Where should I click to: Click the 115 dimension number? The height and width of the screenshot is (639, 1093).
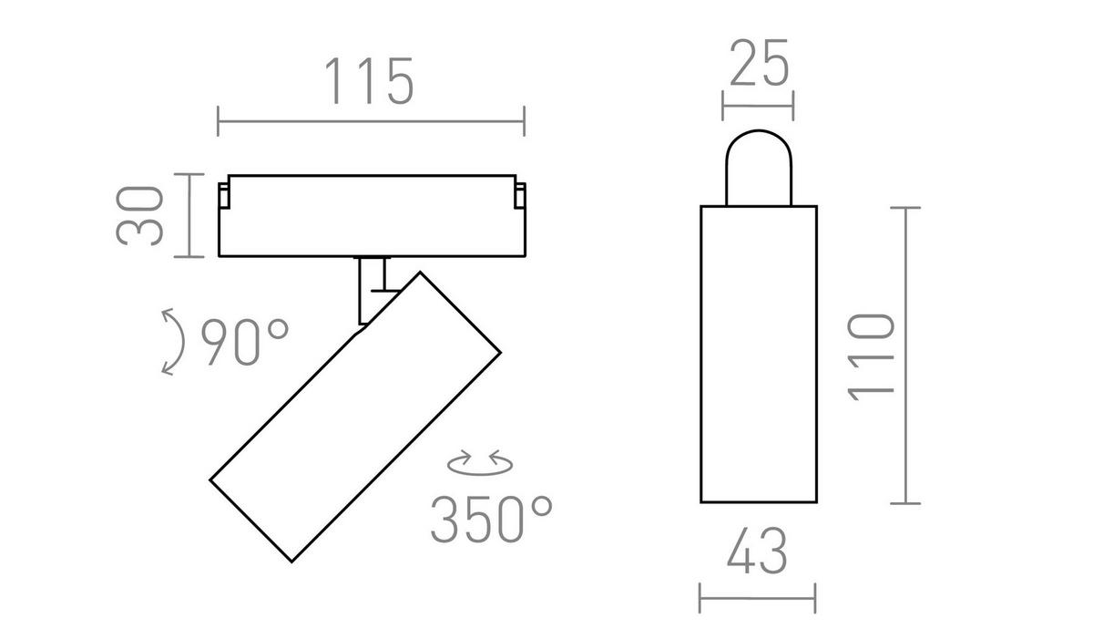tap(370, 81)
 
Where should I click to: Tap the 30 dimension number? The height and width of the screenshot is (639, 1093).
tap(139, 215)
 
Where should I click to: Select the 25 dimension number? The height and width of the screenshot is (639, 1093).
tap(759, 63)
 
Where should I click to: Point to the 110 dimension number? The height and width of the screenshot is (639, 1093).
tap(872, 357)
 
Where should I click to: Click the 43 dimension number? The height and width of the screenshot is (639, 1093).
tap(757, 551)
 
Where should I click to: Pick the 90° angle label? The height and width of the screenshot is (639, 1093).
tap(245, 342)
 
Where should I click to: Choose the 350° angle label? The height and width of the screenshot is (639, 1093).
tap(491, 519)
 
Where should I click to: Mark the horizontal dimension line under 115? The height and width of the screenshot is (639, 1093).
tap(371, 121)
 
